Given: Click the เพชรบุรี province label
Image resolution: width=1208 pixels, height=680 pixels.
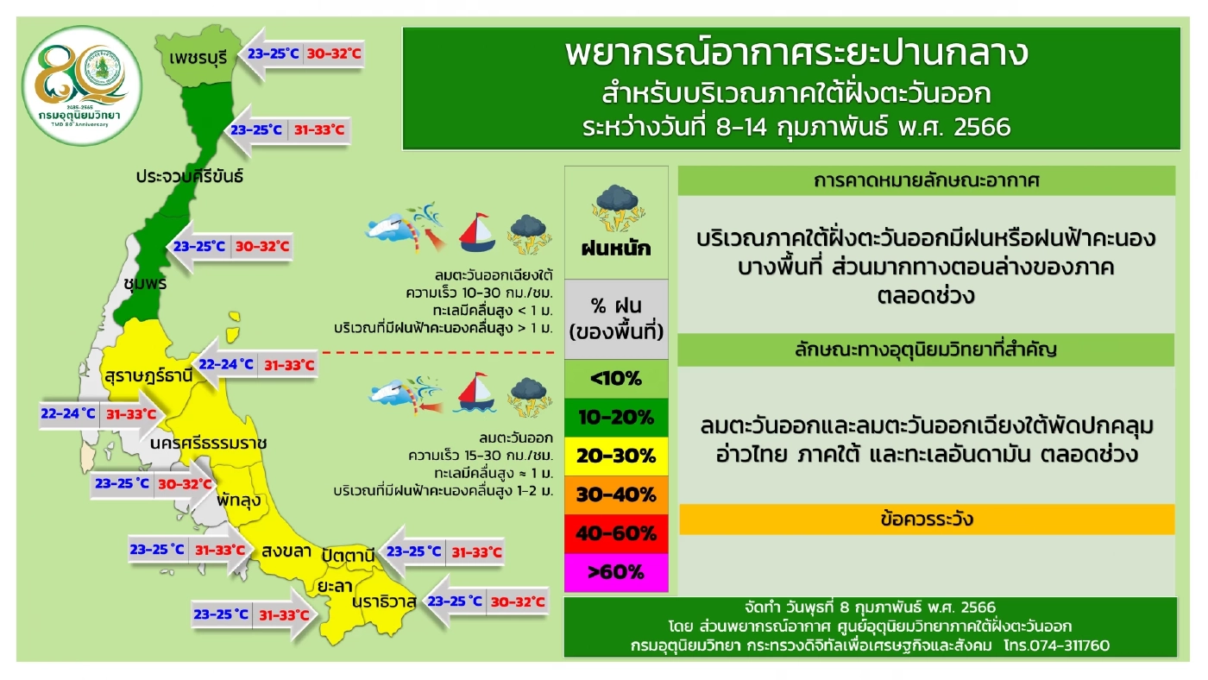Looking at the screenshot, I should pos(198,59).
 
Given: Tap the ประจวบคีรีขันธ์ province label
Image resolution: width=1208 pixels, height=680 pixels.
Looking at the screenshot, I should pos(189,176).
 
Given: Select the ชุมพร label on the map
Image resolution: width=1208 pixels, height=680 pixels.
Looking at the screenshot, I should pos(144,283).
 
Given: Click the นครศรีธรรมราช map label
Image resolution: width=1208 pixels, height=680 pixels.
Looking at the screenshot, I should pos(208,443).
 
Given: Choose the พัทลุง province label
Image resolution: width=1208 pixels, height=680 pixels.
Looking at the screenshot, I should pos(239,500).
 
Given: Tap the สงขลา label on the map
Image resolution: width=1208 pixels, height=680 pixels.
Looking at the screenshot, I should pos(286,551).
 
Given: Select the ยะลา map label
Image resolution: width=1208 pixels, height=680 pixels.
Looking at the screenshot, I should pos(334,585).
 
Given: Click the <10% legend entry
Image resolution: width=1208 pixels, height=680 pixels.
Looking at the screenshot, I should pos(616,379).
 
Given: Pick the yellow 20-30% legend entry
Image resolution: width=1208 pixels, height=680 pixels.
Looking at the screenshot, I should pos(616,456).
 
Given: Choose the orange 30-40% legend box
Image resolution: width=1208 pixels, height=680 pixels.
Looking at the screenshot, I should pos(616,494).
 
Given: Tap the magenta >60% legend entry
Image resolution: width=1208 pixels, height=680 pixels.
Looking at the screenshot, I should pos(616,571).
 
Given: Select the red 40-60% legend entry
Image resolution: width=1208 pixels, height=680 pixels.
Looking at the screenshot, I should pos(616,533).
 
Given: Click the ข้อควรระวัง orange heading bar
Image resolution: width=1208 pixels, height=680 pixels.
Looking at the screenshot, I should pos(927,519).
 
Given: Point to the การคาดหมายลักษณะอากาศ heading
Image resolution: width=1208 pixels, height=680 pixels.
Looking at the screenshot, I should pos(927,181).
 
